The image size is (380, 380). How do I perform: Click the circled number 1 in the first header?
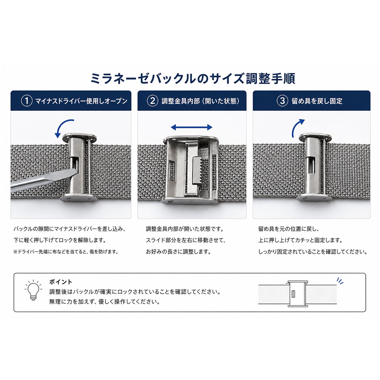click(27, 101)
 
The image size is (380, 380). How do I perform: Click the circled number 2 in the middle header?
click(153, 101)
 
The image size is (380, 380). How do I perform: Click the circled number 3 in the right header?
click(282, 101)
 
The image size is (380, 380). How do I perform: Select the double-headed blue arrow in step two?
click(192, 127)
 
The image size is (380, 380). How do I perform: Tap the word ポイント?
click(61, 282)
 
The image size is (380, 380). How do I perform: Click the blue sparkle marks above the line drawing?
click(340, 281)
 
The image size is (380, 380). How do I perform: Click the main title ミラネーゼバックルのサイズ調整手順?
click(193, 79)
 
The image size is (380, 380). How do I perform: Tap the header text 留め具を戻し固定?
click(317, 101)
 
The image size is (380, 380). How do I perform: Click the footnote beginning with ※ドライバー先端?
click(66, 252)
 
